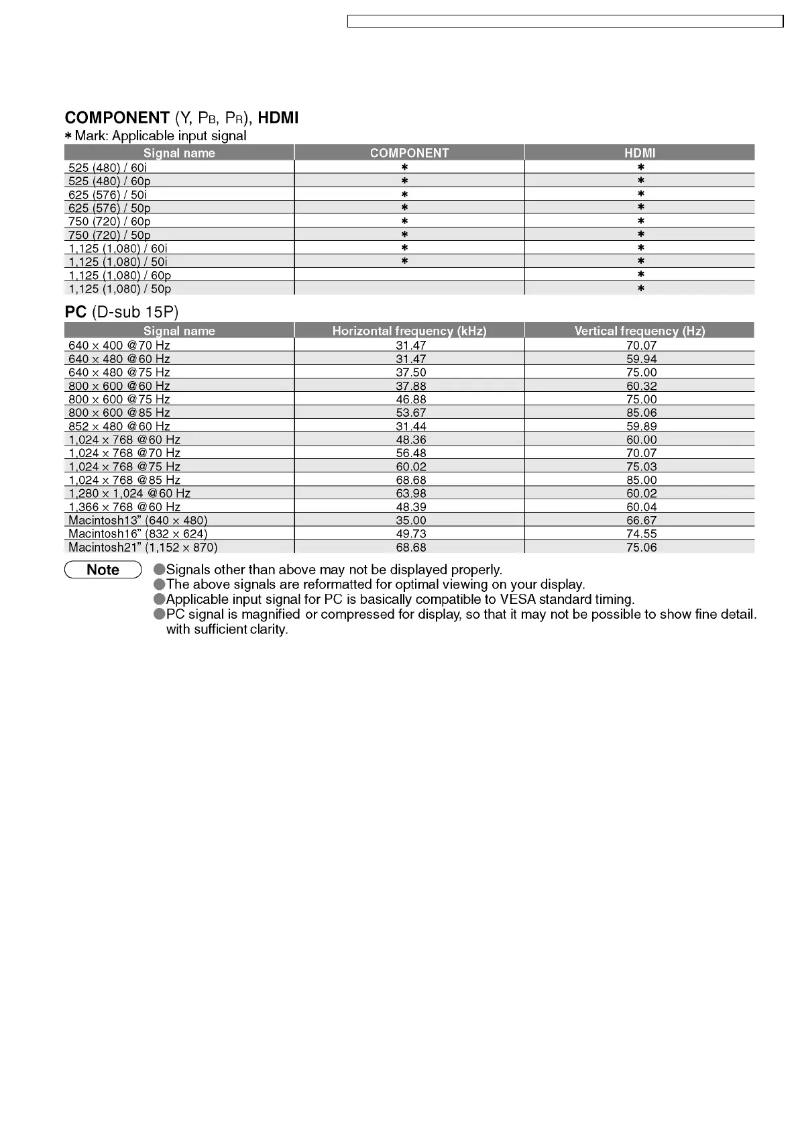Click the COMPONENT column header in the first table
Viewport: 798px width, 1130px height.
409,153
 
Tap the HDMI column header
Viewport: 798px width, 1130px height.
640,153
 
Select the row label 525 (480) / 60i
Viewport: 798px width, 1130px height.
107,167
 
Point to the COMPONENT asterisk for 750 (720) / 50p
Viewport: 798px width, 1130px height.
404,235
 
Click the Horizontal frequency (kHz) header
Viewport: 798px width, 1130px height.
409,331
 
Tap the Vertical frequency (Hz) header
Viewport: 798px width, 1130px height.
640,331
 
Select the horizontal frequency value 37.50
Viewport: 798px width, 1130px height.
410,372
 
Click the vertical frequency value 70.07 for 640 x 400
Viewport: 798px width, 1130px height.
641,346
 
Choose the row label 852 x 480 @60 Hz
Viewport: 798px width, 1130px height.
119,426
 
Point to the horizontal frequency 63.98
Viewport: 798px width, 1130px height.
410,493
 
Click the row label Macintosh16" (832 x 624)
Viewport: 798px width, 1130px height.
137,533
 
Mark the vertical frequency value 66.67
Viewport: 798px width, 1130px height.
641,520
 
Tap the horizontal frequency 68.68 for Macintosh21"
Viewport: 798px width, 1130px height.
410,547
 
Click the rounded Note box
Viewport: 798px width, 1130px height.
103,570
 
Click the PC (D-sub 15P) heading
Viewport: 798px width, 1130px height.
121,312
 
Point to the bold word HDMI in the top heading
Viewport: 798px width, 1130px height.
278,118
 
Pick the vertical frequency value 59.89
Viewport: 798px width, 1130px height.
641,426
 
